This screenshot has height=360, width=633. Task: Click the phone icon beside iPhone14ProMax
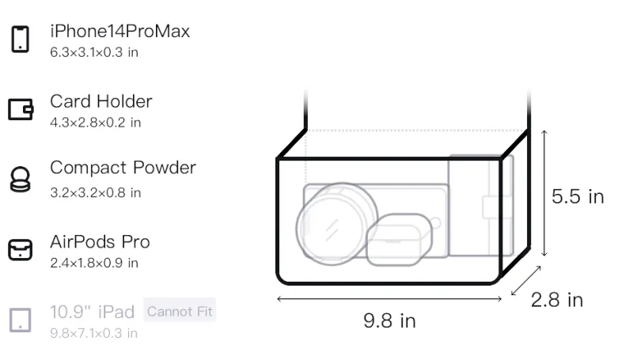[x=21, y=39]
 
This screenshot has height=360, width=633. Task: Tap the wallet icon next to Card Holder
[x=21, y=109]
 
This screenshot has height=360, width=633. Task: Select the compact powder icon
[x=20, y=179]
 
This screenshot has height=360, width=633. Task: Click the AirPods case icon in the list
[x=21, y=249]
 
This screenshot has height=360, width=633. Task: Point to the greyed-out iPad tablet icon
[x=21, y=320]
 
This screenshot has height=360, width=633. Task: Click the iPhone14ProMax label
[x=120, y=31]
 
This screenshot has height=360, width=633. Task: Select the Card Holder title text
[x=101, y=101]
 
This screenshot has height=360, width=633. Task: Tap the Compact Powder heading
[x=123, y=168]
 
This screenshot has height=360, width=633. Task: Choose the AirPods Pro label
[x=100, y=242]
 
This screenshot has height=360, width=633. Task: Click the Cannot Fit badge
[x=180, y=311]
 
